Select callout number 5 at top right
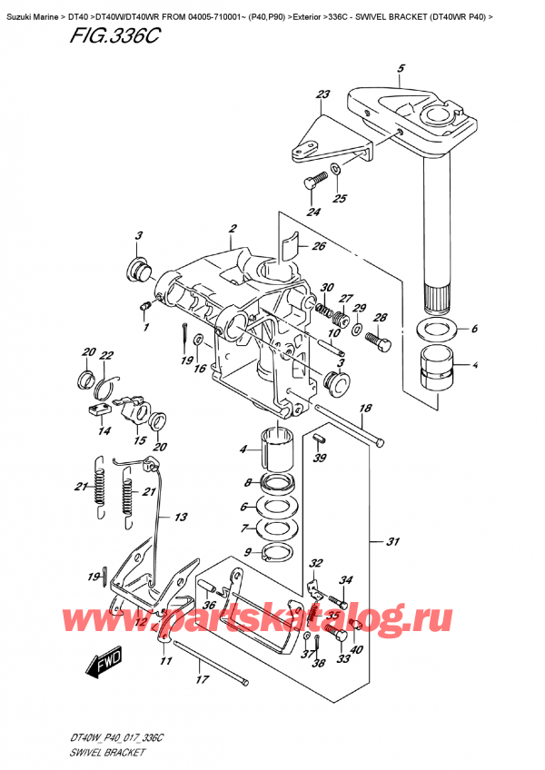pyautogui.click(x=401, y=67)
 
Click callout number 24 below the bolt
pyautogui.click(x=313, y=213)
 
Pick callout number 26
pyautogui.click(x=317, y=245)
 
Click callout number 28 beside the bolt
pyautogui.click(x=380, y=318)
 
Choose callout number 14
pyautogui.click(x=104, y=432)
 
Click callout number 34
pyautogui.click(x=345, y=580)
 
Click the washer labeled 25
pyautogui.click(x=336, y=169)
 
